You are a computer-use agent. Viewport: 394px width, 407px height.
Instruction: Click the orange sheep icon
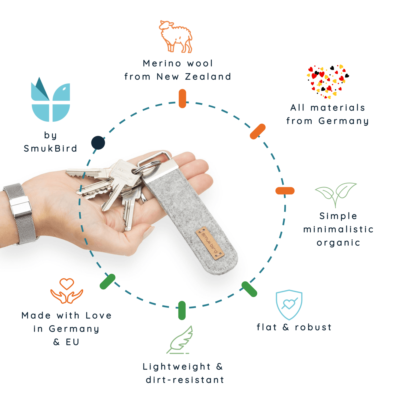tap(176, 36)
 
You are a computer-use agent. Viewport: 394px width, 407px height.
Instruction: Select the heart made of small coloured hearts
tap(328, 81)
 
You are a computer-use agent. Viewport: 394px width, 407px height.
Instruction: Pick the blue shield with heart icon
tap(289, 305)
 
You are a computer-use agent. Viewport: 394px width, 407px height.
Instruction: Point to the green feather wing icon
tap(180, 340)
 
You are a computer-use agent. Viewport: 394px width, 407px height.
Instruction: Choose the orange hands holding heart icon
tap(67, 291)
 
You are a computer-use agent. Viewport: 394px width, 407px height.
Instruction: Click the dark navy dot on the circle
tap(98, 143)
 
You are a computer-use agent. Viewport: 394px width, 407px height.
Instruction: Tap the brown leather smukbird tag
tap(210, 243)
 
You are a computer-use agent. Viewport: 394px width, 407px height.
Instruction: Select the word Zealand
tap(208, 77)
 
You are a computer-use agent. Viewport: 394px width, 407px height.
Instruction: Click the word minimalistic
tap(338, 229)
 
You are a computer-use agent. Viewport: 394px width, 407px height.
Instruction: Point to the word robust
tap(313, 327)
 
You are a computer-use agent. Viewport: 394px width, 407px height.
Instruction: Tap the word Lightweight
tap(177, 367)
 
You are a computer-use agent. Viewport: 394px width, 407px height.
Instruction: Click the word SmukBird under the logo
tap(50, 149)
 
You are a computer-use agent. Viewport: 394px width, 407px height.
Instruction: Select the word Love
tap(98, 315)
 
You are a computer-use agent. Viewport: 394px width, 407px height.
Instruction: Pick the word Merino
tap(162, 63)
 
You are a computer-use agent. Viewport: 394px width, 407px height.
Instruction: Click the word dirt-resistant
tap(185, 380)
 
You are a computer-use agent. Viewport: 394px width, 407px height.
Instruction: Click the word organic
tap(338, 243)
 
